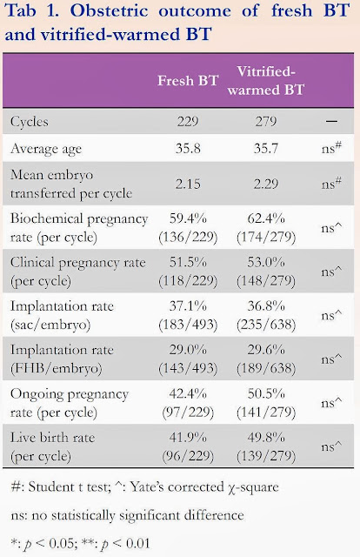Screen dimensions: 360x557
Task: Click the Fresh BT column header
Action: point(188,81)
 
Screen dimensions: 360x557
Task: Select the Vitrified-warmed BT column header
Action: point(266,81)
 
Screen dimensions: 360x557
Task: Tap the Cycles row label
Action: point(29,122)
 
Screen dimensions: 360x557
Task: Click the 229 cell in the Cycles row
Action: point(188,122)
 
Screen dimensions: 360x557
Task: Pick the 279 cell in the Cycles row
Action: point(266,122)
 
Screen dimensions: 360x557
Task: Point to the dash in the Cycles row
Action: point(331,122)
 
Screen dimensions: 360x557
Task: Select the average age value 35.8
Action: point(188,148)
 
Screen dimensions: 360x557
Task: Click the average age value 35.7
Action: point(266,148)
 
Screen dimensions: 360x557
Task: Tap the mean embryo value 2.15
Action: point(188,184)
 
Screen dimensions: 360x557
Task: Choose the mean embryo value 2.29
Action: point(266,184)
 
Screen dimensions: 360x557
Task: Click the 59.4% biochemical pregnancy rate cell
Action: point(188,227)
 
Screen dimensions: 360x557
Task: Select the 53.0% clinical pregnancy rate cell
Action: point(266,271)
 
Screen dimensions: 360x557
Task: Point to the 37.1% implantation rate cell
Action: point(188,315)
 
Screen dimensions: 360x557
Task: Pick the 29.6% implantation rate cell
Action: point(266,359)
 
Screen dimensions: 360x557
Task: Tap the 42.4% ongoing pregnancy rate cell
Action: point(188,402)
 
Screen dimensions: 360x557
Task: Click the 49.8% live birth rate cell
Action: point(266,446)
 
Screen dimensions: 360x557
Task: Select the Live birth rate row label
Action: point(52,446)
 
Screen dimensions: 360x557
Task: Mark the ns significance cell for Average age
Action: point(331,147)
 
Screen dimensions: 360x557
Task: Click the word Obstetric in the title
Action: point(109,10)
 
